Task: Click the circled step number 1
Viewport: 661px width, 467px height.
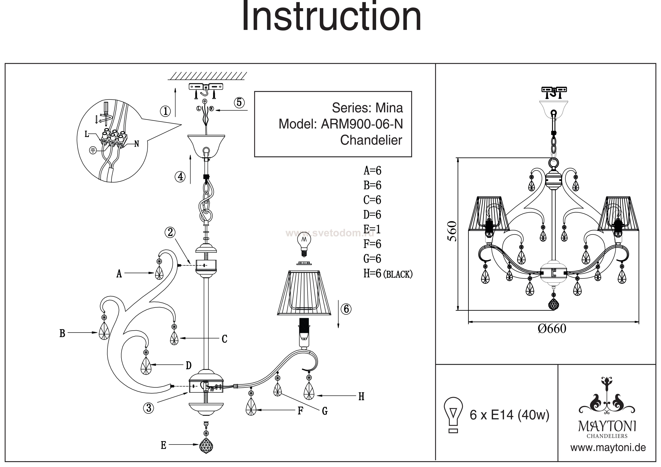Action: pos(165,111)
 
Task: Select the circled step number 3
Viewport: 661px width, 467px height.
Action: pos(148,408)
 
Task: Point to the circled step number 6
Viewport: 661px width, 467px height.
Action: pos(346,309)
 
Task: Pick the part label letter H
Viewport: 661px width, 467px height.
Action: pos(361,397)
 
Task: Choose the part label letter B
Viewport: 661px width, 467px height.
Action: pos(62,333)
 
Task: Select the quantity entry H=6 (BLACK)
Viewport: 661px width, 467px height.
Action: pos(388,274)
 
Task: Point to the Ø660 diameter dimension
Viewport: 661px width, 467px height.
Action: pos(552,329)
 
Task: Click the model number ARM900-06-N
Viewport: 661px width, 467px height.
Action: pos(362,124)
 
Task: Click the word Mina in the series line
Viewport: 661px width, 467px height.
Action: pos(389,108)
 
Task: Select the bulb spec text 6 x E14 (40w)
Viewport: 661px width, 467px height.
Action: pos(510,415)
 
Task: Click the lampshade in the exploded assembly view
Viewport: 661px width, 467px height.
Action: pos(304,293)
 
